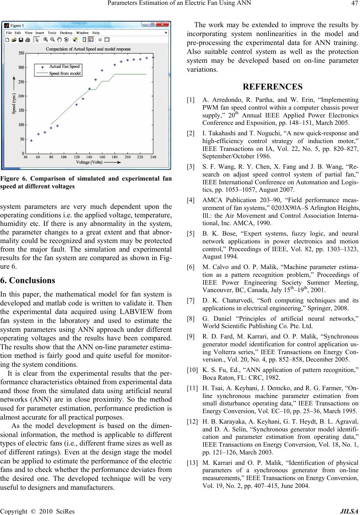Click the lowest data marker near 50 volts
coord(31,140)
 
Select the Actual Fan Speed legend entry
coord(64,67)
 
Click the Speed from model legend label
coord(65,74)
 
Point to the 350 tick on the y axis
coord(21,53)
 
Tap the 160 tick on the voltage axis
coord(102,157)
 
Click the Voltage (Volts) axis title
coord(89,162)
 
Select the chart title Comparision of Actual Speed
coord(88,49)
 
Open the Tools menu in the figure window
coord(52,33)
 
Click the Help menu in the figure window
coord(96,33)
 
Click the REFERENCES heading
coord(272,87)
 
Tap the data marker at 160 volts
coord(102,70)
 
